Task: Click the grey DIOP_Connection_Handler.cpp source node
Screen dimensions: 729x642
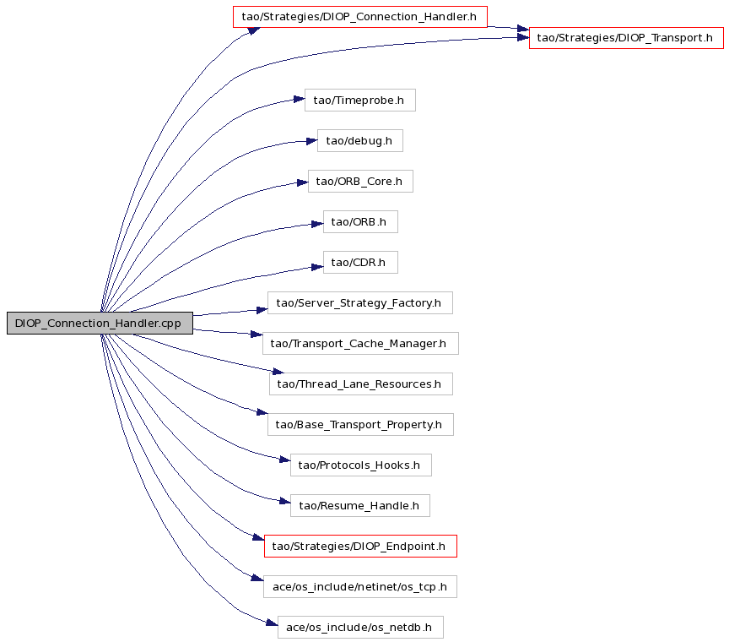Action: click(x=100, y=323)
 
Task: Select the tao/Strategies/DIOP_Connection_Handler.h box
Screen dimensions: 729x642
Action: click(x=360, y=17)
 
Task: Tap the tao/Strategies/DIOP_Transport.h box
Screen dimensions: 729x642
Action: click(x=626, y=38)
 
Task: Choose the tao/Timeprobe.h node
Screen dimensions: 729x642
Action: click(x=360, y=100)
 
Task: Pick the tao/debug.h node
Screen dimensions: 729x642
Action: click(x=360, y=140)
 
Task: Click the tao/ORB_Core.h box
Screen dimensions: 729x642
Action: click(x=360, y=181)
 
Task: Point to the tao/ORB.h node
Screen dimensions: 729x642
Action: click(x=360, y=221)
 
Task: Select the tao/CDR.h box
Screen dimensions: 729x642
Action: click(x=360, y=262)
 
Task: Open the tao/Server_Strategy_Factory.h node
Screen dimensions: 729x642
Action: click(x=360, y=302)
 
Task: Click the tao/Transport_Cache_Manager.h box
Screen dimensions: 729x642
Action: click(x=360, y=343)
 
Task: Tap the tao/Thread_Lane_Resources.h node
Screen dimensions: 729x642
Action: click(x=361, y=384)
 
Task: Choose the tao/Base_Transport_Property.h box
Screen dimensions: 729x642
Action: click(x=360, y=424)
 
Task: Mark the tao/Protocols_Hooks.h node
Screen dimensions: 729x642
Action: click(x=361, y=465)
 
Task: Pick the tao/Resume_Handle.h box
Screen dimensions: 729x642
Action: click(x=360, y=505)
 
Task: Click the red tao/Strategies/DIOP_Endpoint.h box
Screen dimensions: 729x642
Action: click(x=360, y=546)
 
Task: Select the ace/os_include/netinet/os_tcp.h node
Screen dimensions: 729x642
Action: click(x=360, y=586)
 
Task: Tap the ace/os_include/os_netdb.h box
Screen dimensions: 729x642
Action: click(x=360, y=627)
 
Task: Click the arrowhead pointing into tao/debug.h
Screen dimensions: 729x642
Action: click(x=312, y=141)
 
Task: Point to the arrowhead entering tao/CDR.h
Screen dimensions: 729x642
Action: click(x=317, y=267)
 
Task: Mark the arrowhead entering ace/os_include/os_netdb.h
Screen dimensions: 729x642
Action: click(x=272, y=623)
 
